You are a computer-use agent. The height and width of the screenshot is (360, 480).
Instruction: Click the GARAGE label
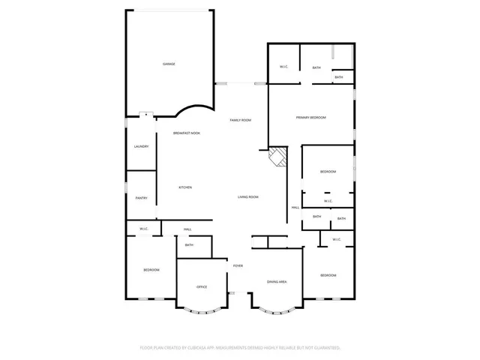coord(169,64)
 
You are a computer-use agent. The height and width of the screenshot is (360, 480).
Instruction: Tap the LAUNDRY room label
coord(141,146)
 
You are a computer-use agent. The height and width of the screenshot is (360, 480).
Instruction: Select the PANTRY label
coord(141,198)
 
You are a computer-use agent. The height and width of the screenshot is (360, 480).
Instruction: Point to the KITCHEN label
coord(185,187)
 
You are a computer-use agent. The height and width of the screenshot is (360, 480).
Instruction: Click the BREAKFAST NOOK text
coord(186,133)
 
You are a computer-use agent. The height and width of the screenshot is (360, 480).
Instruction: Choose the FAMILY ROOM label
coord(240,120)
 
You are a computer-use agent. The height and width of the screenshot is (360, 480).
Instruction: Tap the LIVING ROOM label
coord(248,196)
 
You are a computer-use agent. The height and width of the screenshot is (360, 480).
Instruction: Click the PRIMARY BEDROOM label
coord(310,118)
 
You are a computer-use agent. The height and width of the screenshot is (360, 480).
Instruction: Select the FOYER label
coord(238,265)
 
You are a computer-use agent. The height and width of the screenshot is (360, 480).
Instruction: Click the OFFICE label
coord(202,287)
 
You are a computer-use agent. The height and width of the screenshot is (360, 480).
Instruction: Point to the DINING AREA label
coord(277,282)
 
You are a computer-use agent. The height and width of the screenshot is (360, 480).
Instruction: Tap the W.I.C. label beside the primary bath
coord(284,67)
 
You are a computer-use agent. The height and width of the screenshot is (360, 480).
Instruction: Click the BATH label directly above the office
coord(189,245)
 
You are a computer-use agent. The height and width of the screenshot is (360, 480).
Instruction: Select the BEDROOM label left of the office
coord(151,270)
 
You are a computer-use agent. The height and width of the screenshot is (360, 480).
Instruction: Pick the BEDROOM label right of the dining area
coord(328,275)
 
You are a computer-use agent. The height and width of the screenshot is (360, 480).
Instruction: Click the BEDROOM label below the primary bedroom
coord(328,172)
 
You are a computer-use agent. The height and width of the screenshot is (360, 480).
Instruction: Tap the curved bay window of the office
coord(202,310)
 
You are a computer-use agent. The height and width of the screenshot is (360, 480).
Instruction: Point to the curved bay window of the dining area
coord(277,308)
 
